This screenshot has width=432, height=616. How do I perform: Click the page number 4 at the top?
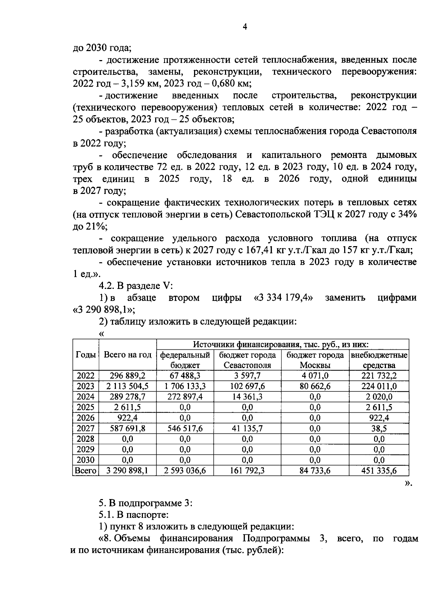point(245,27)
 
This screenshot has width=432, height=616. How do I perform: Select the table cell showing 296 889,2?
point(127,376)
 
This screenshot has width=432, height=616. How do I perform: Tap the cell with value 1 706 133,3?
point(185,386)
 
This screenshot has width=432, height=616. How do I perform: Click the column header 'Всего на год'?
point(127,355)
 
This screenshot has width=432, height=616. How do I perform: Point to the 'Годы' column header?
point(85,355)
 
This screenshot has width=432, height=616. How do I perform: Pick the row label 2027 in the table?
point(85,428)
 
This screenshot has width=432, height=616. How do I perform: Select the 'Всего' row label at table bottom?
point(85,470)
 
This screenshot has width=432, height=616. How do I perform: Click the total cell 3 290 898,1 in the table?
point(127,470)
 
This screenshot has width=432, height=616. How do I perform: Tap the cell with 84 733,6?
point(315,470)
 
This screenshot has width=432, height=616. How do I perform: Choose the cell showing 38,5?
point(379,428)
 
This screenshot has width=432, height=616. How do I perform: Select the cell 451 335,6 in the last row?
point(379,470)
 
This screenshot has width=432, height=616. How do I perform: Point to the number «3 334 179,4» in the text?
point(283,298)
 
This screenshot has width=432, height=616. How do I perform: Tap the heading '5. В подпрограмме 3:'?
point(146,503)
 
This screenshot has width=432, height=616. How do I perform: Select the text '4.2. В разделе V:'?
point(136,286)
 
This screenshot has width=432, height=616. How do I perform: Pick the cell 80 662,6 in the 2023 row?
point(315,386)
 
